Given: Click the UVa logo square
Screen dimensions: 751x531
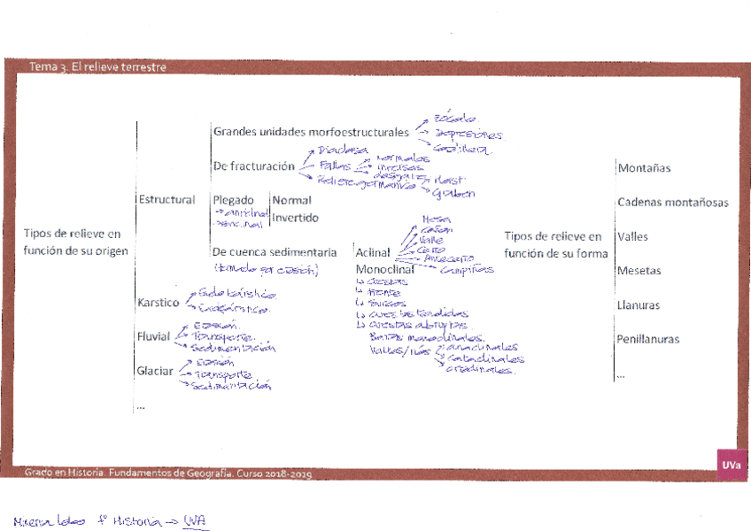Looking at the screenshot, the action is [x=731, y=465].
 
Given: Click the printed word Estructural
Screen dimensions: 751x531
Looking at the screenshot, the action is [x=166, y=200].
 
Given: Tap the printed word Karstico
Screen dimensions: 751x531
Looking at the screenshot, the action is [x=158, y=303].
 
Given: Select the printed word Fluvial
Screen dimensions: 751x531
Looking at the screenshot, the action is [x=155, y=336].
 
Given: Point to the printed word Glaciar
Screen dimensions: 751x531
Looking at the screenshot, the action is [x=155, y=371].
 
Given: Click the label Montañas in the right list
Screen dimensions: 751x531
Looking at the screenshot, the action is [x=644, y=168].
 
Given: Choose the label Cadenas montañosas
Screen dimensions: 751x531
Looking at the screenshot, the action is [x=672, y=203].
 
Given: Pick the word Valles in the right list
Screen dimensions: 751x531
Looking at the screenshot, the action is [x=633, y=237].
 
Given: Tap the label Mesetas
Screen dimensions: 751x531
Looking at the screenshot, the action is [x=639, y=271].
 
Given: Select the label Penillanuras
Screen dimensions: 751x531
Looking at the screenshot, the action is [x=648, y=339].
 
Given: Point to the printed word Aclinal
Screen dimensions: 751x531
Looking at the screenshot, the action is [x=373, y=252].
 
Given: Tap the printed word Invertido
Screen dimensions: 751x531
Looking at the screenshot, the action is [x=295, y=218].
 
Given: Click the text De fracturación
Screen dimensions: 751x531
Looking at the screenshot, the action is [x=253, y=165].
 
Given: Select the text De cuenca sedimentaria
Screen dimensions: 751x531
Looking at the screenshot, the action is [x=275, y=252].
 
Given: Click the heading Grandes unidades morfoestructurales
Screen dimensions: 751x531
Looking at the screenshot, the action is [x=311, y=132].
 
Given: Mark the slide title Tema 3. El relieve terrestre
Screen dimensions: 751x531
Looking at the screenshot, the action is [x=97, y=67].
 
